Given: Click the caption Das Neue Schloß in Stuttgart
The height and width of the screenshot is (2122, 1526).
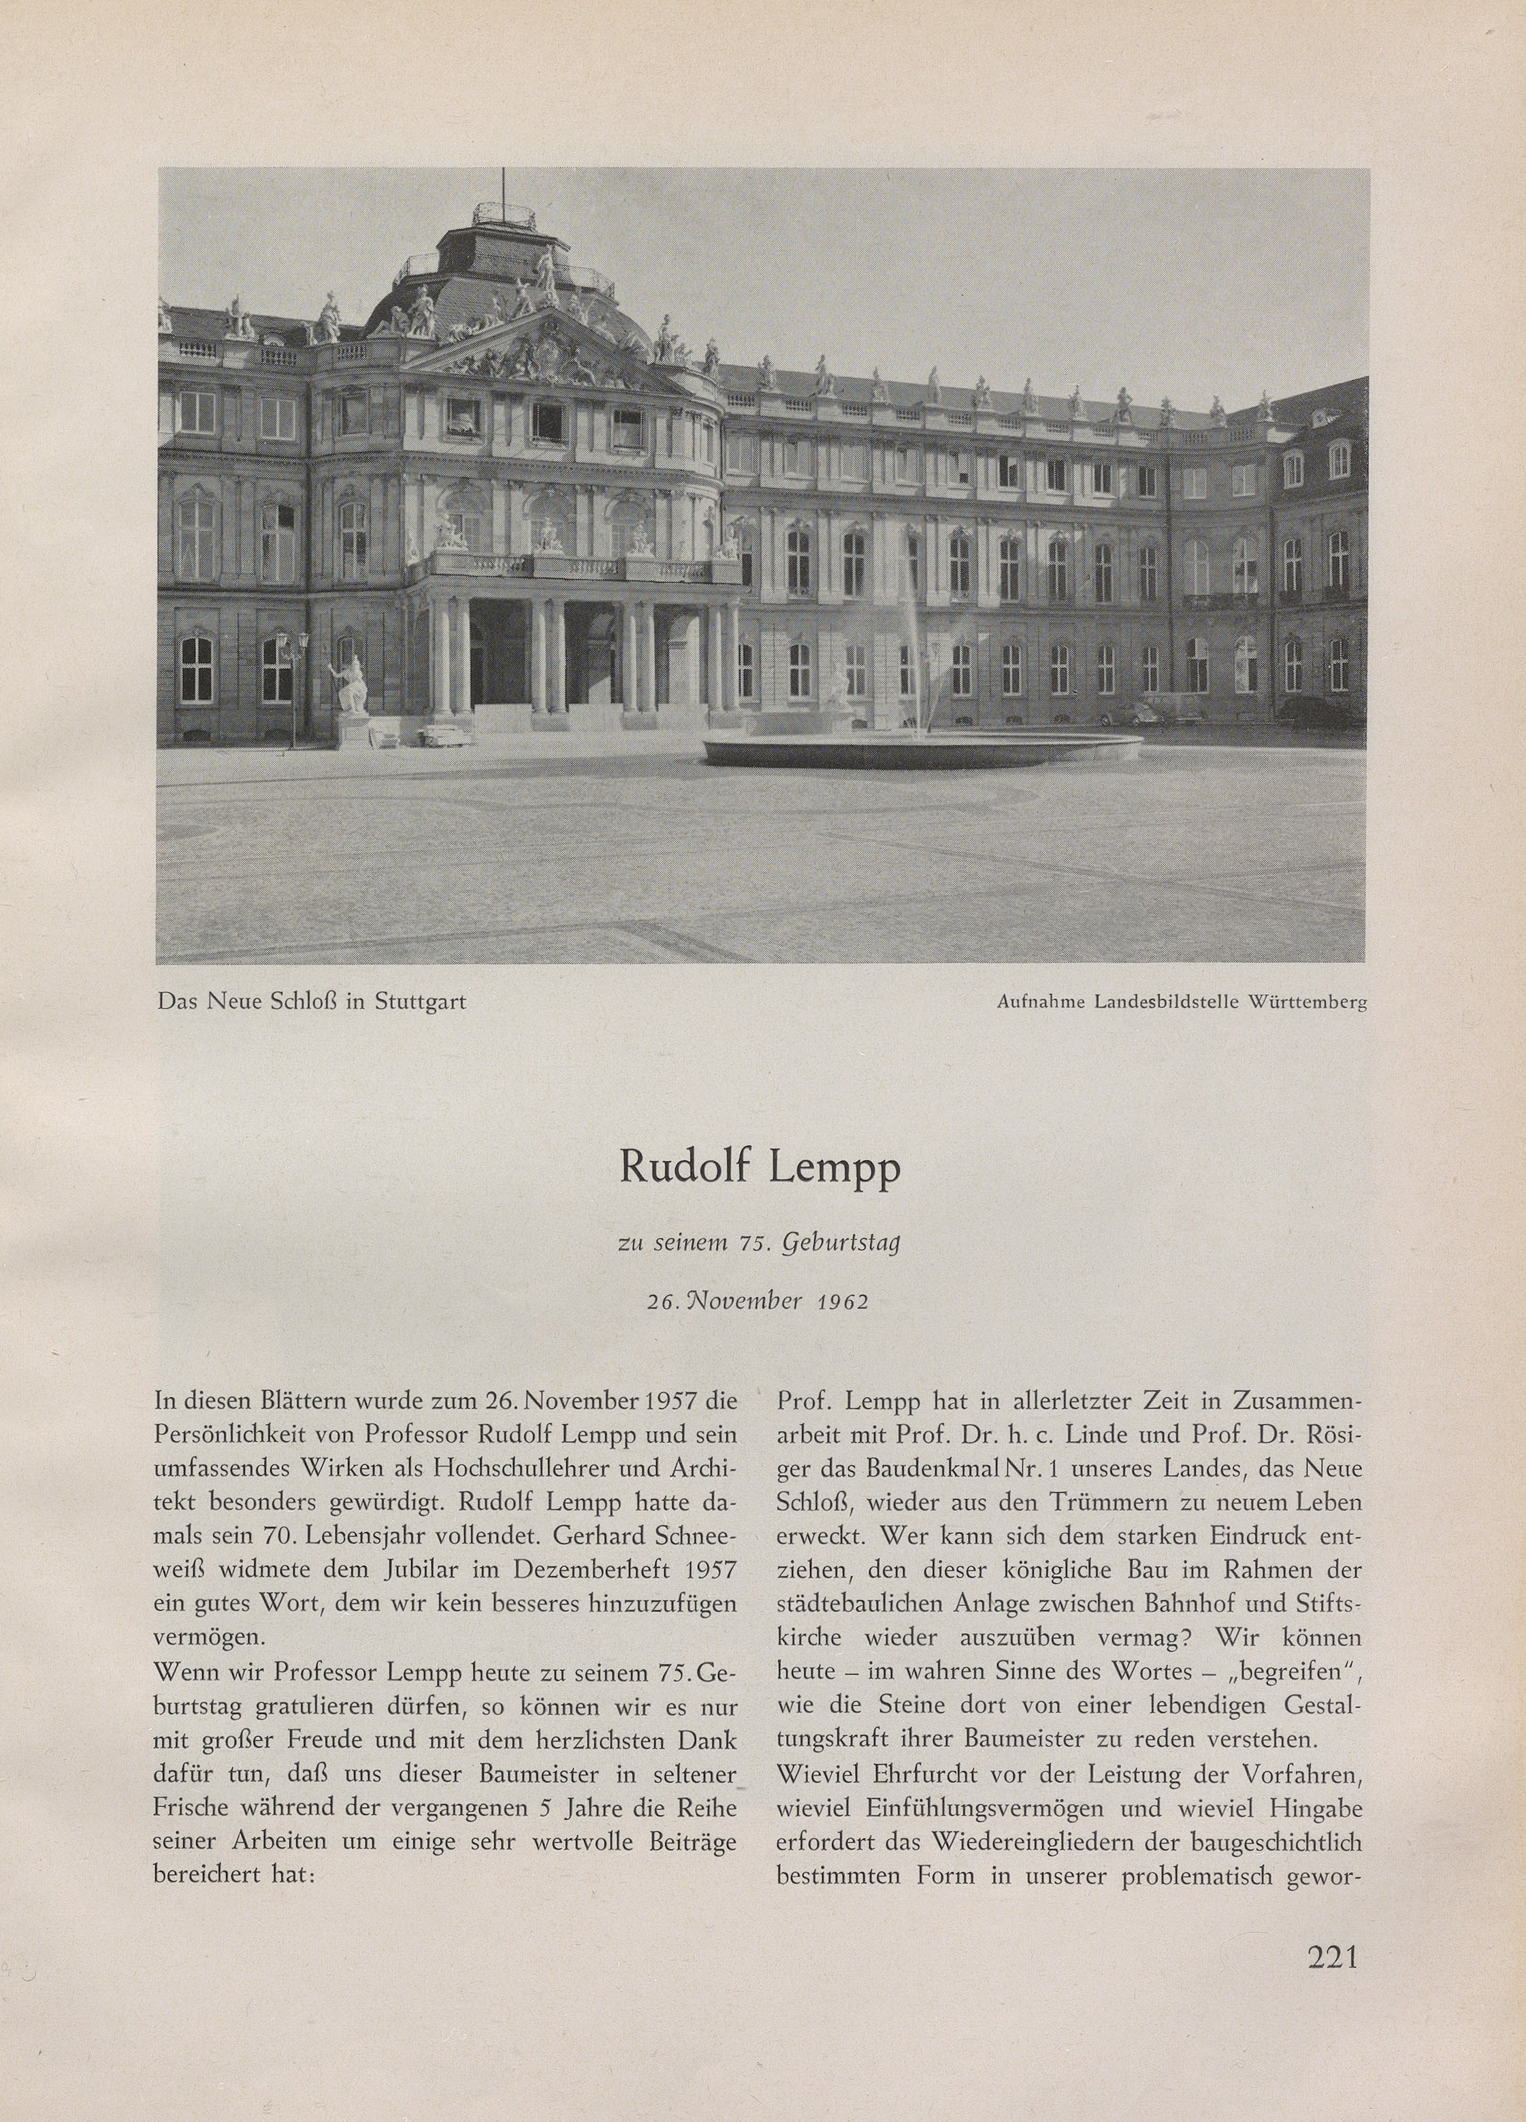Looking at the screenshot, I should pos(312,1002).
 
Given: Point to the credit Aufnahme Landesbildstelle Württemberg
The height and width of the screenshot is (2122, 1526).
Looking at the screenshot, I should pos(1182,1003).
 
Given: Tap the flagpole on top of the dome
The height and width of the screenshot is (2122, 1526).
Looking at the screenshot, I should pos(504,187).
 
